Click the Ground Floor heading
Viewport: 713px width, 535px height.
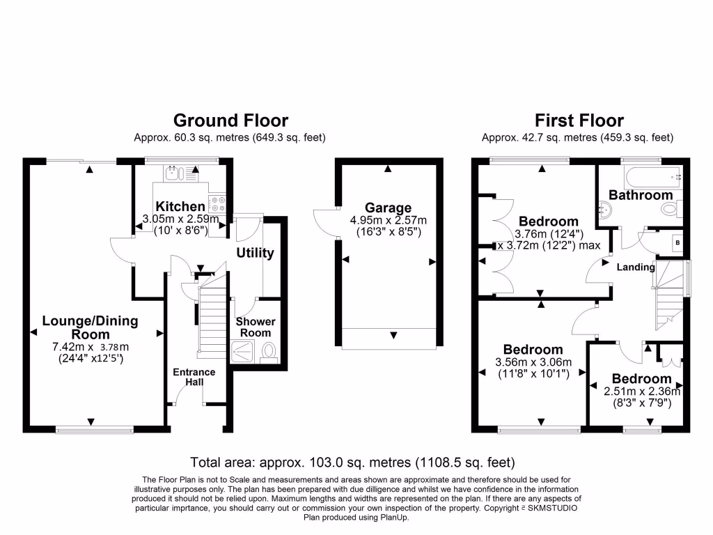click(230, 121)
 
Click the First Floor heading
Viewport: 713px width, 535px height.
click(579, 121)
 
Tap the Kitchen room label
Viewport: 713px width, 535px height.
click(180, 206)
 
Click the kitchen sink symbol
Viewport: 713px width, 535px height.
click(171, 173)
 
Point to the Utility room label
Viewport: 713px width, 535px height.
click(255, 253)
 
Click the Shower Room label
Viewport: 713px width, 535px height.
click(256, 327)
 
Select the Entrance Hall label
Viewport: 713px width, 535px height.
click(194, 377)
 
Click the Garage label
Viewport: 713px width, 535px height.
click(388, 208)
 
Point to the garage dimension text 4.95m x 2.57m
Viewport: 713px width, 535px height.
click(388, 220)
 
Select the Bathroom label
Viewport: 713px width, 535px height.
click(641, 195)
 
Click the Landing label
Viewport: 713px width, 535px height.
click(636, 267)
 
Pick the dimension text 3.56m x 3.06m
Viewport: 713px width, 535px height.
click(533, 362)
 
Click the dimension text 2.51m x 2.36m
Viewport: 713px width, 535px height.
click(641, 391)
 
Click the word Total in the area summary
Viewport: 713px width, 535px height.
click(206, 462)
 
